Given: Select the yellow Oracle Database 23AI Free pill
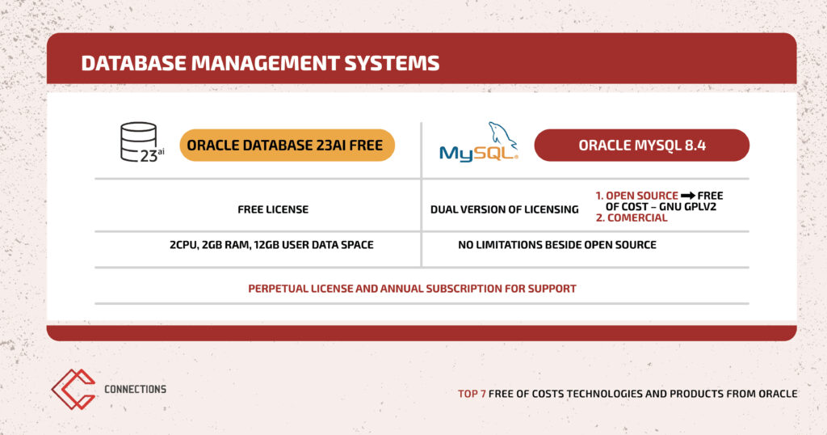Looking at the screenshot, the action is click(x=287, y=146).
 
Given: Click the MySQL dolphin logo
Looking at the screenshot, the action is click(x=479, y=141).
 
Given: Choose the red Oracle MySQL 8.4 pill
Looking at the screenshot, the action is click(x=642, y=146).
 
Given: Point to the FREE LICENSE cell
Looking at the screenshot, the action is click(x=273, y=209).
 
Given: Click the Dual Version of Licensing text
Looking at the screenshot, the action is click(x=504, y=209).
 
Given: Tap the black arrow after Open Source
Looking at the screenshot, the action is click(x=688, y=196).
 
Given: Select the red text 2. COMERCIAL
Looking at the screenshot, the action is click(x=632, y=217).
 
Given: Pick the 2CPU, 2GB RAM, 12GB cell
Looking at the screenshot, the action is click(x=271, y=245).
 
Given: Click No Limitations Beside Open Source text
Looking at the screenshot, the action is click(x=557, y=245).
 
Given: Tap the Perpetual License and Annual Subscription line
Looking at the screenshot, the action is click(x=412, y=289).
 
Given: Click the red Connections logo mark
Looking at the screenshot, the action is click(x=73, y=389).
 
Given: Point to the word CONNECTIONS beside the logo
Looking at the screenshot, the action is click(x=135, y=389).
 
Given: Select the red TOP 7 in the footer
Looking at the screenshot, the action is click(x=472, y=394).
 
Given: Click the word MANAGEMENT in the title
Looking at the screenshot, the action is click(x=265, y=63).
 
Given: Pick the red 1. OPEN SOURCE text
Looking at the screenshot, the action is click(x=637, y=196).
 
